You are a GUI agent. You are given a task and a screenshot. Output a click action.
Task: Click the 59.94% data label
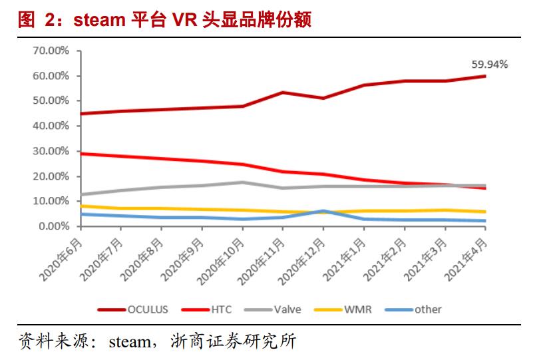[489, 65]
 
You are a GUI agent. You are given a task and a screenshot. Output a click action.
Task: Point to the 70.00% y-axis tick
[51, 51]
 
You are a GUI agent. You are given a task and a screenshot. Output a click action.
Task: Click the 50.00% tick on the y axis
[51, 100]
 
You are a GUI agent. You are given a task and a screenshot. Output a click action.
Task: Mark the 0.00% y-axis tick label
[53, 226]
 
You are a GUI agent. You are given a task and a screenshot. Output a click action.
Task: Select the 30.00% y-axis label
[51, 151]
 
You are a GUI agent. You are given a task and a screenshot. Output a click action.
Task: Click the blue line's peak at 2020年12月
[323, 211]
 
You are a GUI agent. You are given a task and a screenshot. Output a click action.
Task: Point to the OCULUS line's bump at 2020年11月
[283, 92]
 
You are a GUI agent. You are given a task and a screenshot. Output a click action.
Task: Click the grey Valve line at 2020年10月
[242, 182]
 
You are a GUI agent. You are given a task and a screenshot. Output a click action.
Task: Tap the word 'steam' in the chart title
[97, 20]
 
